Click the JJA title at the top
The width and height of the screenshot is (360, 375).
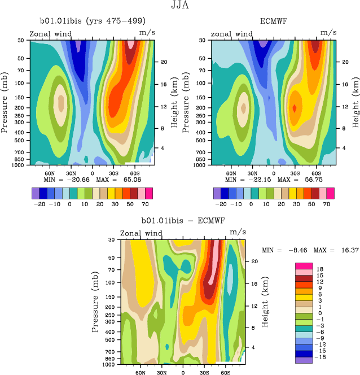[181, 6]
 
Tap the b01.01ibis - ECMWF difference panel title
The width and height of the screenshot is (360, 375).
[181, 220]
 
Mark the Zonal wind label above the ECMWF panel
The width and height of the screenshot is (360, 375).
[232, 34]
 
